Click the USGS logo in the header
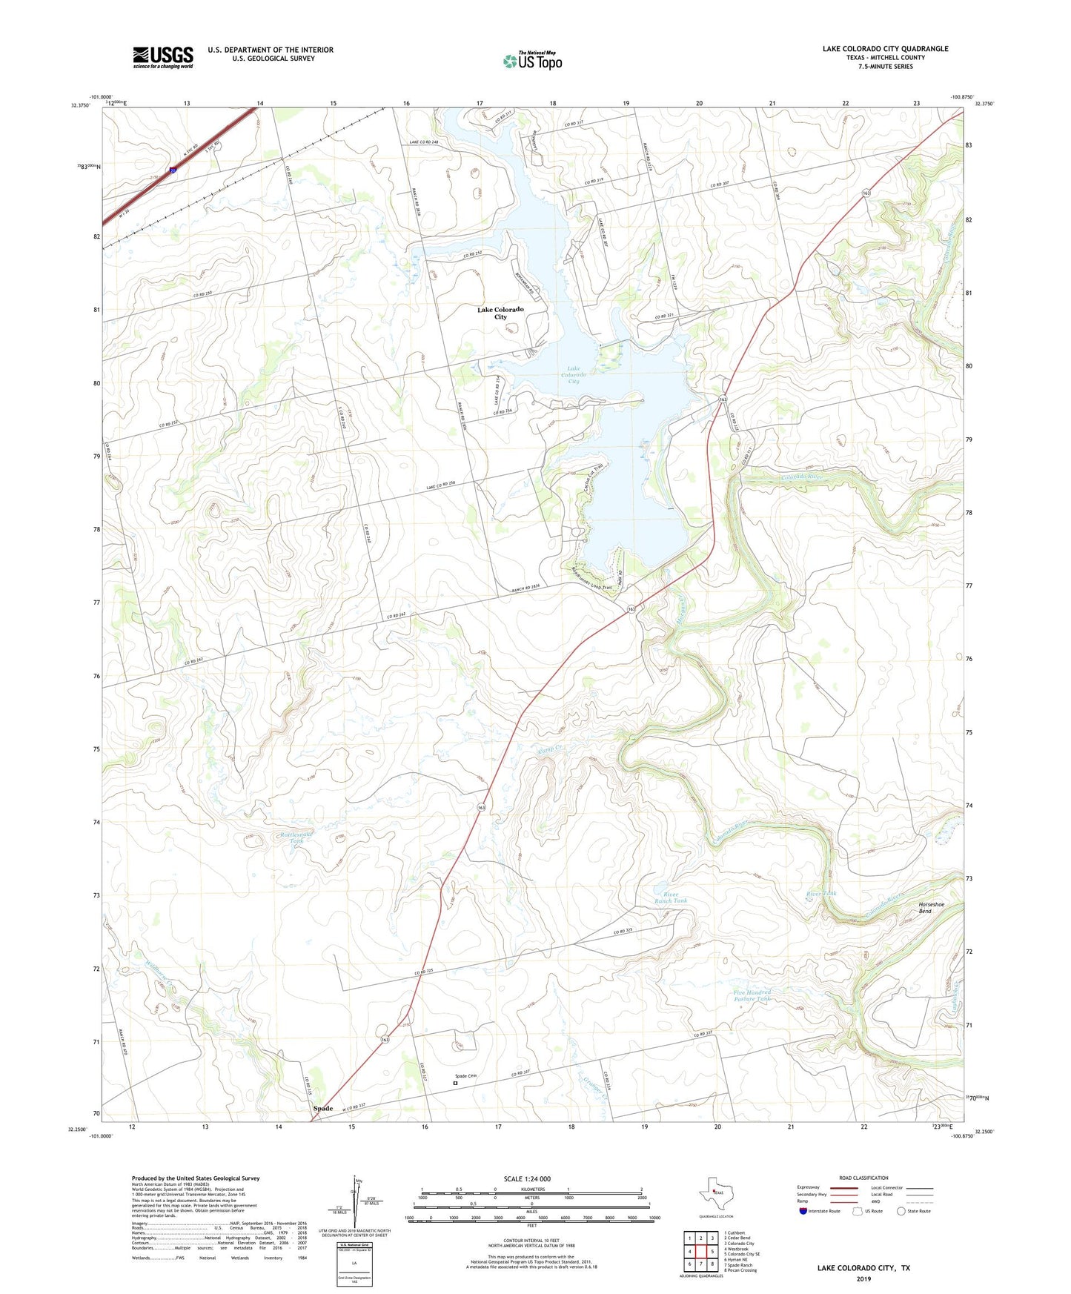(x=163, y=57)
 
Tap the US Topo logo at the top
(x=532, y=61)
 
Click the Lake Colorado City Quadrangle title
(x=885, y=49)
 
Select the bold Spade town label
(x=323, y=1108)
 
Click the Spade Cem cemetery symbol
(x=456, y=1083)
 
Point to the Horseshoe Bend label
(x=931, y=907)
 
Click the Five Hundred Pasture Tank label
(x=752, y=995)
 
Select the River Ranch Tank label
(x=670, y=897)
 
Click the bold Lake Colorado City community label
(x=500, y=313)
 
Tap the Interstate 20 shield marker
(x=173, y=170)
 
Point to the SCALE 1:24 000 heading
(x=527, y=1178)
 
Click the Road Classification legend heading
(x=863, y=1178)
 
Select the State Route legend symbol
(x=901, y=1211)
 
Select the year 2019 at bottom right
(x=863, y=1278)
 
